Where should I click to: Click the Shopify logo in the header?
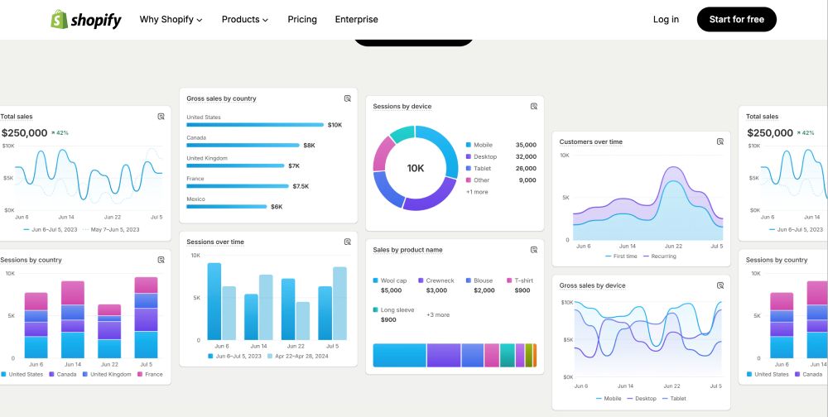[85, 20]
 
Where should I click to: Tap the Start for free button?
[736, 19]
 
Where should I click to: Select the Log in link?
[666, 19]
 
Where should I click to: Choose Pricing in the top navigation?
[302, 19]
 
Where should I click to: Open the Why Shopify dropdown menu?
[171, 19]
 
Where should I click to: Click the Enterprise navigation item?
[356, 19]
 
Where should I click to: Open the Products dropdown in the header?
[245, 19]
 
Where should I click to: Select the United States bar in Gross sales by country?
[255, 125]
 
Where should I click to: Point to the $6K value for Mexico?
[277, 207]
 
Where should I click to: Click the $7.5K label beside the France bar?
[301, 186]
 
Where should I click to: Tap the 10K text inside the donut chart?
[416, 168]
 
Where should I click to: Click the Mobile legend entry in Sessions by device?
[483, 145]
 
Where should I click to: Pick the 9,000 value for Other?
[527, 180]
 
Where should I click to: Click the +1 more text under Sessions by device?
[477, 192]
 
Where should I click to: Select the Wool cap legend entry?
[392, 280]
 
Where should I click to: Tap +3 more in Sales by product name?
[438, 314]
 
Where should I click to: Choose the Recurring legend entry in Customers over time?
[663, 256]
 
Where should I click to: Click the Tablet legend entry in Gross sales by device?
[677, 398]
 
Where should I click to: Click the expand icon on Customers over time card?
[720, 141]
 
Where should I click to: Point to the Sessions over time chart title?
[215, 242]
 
